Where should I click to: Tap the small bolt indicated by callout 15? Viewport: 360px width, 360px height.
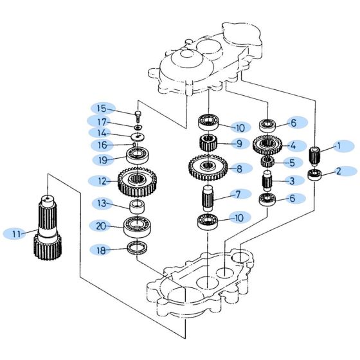138,116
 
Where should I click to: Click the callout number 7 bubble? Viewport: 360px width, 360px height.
237,194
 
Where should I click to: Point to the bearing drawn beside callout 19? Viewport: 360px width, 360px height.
138,155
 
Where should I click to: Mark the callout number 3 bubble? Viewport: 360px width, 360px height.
291,181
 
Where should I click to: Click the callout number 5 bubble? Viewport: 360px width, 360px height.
291,163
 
